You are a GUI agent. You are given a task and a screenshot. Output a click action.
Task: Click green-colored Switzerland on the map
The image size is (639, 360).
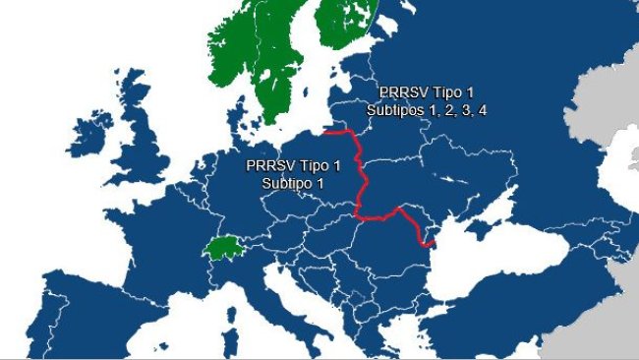point(223,246)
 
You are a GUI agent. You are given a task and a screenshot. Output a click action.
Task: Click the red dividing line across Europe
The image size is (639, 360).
point(363,177)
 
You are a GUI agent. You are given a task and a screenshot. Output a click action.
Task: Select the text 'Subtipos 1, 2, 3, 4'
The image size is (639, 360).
point(427,110)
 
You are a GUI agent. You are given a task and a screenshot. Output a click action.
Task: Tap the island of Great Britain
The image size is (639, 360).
point(147,157)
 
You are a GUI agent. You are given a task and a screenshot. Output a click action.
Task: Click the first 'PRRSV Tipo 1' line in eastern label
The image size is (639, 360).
point(427,92)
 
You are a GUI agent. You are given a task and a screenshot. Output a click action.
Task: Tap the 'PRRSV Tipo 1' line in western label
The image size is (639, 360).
point(293,165)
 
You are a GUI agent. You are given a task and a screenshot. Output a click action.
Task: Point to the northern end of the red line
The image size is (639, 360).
point(325,131)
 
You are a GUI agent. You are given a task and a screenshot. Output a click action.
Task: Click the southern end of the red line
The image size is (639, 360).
point(433,242)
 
